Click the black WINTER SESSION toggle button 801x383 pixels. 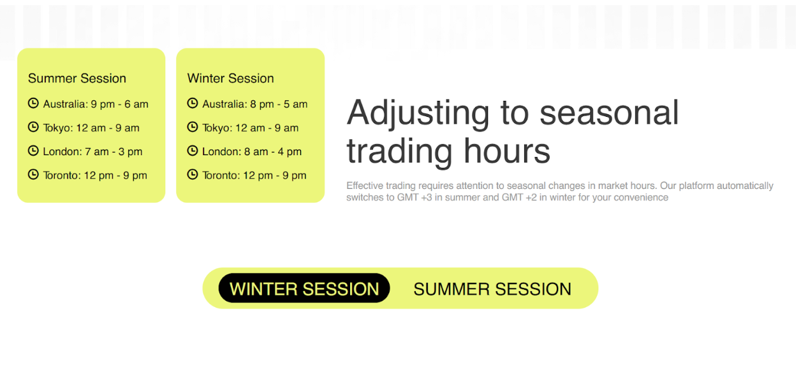pos(304,288)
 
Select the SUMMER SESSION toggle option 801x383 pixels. pos(492,289)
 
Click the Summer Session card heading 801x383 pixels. pos(77,79)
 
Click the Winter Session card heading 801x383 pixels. pos(231,79)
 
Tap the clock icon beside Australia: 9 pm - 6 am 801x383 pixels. pos(33,103)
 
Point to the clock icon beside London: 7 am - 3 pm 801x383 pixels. pos(33,151)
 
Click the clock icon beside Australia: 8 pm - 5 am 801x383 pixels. pos(193,103)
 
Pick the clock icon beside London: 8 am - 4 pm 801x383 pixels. pos(193,151)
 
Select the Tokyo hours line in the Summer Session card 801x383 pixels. pos(91,128)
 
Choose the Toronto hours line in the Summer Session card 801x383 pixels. pos(95,176)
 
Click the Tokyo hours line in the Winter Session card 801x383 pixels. pos(250,128)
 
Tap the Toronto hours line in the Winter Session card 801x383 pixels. pos(254,176)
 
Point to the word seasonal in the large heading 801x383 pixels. pos(609,113)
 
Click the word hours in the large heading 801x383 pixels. pos(507,151)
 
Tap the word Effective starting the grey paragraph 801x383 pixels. pos(364,186)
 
